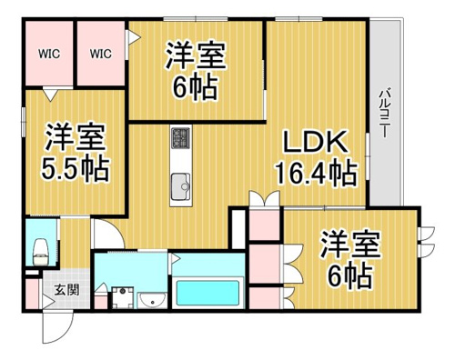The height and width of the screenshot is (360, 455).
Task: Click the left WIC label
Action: (49, 54)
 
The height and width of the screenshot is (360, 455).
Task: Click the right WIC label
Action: (100, 54)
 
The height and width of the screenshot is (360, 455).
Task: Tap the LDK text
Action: (315, 142)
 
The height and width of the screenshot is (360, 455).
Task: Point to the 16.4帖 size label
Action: (316, 174)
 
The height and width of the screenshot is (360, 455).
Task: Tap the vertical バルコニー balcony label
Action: (385, 113)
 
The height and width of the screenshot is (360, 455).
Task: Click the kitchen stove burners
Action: (181, 137)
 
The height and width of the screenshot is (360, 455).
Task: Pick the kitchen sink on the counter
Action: (181, 186)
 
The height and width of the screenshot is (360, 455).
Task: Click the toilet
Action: (41, 252)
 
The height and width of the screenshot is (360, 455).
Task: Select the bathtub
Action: (207, 293)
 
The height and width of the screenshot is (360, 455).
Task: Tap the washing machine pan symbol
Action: (123, 297)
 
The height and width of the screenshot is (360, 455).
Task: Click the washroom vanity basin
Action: (152, 300)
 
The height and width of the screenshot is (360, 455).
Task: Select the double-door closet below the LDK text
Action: (264, 198)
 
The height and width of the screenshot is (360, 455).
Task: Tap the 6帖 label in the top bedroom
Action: (196, 86)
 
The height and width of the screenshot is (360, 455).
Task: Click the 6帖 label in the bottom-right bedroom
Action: (350, 275)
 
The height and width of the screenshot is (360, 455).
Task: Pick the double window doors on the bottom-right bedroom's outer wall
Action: (426, 242)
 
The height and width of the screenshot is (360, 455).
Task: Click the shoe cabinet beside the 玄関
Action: (32, 294)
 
